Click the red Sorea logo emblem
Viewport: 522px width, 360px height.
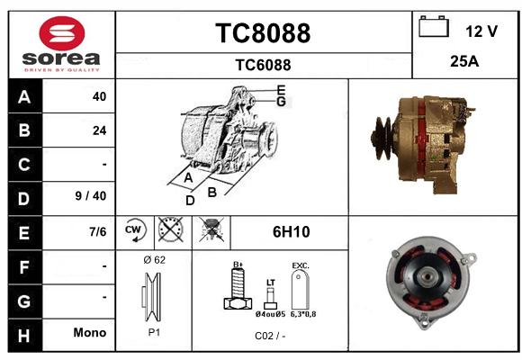pyautogui.click(x=62, y=33)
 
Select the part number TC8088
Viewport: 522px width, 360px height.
pyautogui.click(x=263, y=33)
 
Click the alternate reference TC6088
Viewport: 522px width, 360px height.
pyautogui.click(x=263, y=65)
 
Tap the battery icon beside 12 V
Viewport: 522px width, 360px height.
pyautogui.click(x=434, y=26)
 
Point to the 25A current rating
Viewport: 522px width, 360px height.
pyautogui.click(x=464, y=61)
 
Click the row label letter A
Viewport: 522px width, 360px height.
pyautogui.click(x=24, y=97)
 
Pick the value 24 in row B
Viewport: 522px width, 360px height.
pyautogui.click(x=100, y=130)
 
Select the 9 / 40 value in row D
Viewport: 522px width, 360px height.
pyautogui.click(x=91, y=196)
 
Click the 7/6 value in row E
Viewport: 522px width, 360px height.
pyautogui.click(x=97, y=231)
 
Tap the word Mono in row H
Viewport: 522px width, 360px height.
pyautogui.click(x=90, y=332)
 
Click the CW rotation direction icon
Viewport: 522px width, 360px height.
pyautogui.click(x=135, y=230)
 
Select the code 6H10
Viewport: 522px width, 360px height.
pyautogui.click(x=292, y=232)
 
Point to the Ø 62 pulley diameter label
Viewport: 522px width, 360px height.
pyautogui.click(x=155, y=260)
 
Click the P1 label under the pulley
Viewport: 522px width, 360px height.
pyautogui.click(x=154, y=332)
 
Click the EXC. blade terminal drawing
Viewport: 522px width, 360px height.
pyautogui.click(x=301, y=290)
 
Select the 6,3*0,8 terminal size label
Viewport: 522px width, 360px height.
pyautogui.click(x=303, y=314)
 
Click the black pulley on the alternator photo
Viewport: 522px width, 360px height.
pyautogui.click(x=382, y=139)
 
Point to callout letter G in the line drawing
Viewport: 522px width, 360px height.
pyautogui.click(x=281, y=101)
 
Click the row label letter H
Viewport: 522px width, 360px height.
pyautogui.click(x=24, y=336)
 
